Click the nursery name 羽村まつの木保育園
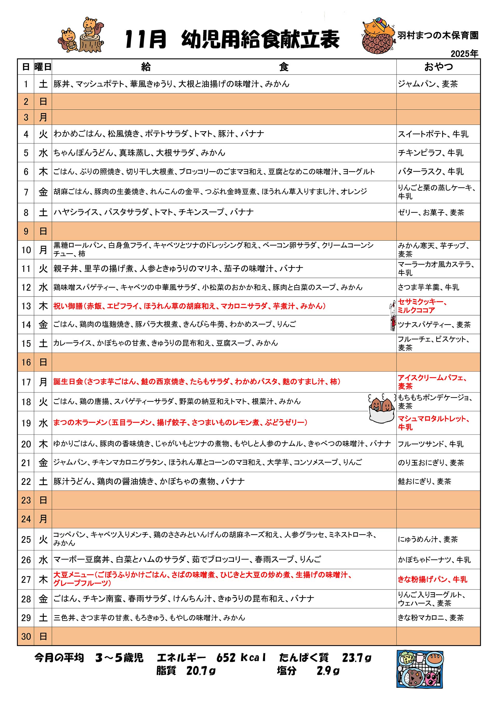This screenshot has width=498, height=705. click(438, 35)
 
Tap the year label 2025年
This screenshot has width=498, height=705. click(464, 54)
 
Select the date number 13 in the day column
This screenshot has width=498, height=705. click(26, 306)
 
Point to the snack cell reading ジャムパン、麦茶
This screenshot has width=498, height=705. click(428, 84)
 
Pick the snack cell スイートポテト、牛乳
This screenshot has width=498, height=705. click(433, 134)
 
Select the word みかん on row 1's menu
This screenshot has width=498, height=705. click(277, 84)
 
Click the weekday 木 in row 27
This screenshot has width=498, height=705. click(43, 579)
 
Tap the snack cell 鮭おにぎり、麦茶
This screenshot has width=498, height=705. click(424, 481)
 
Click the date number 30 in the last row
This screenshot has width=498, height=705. click(26, 636)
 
